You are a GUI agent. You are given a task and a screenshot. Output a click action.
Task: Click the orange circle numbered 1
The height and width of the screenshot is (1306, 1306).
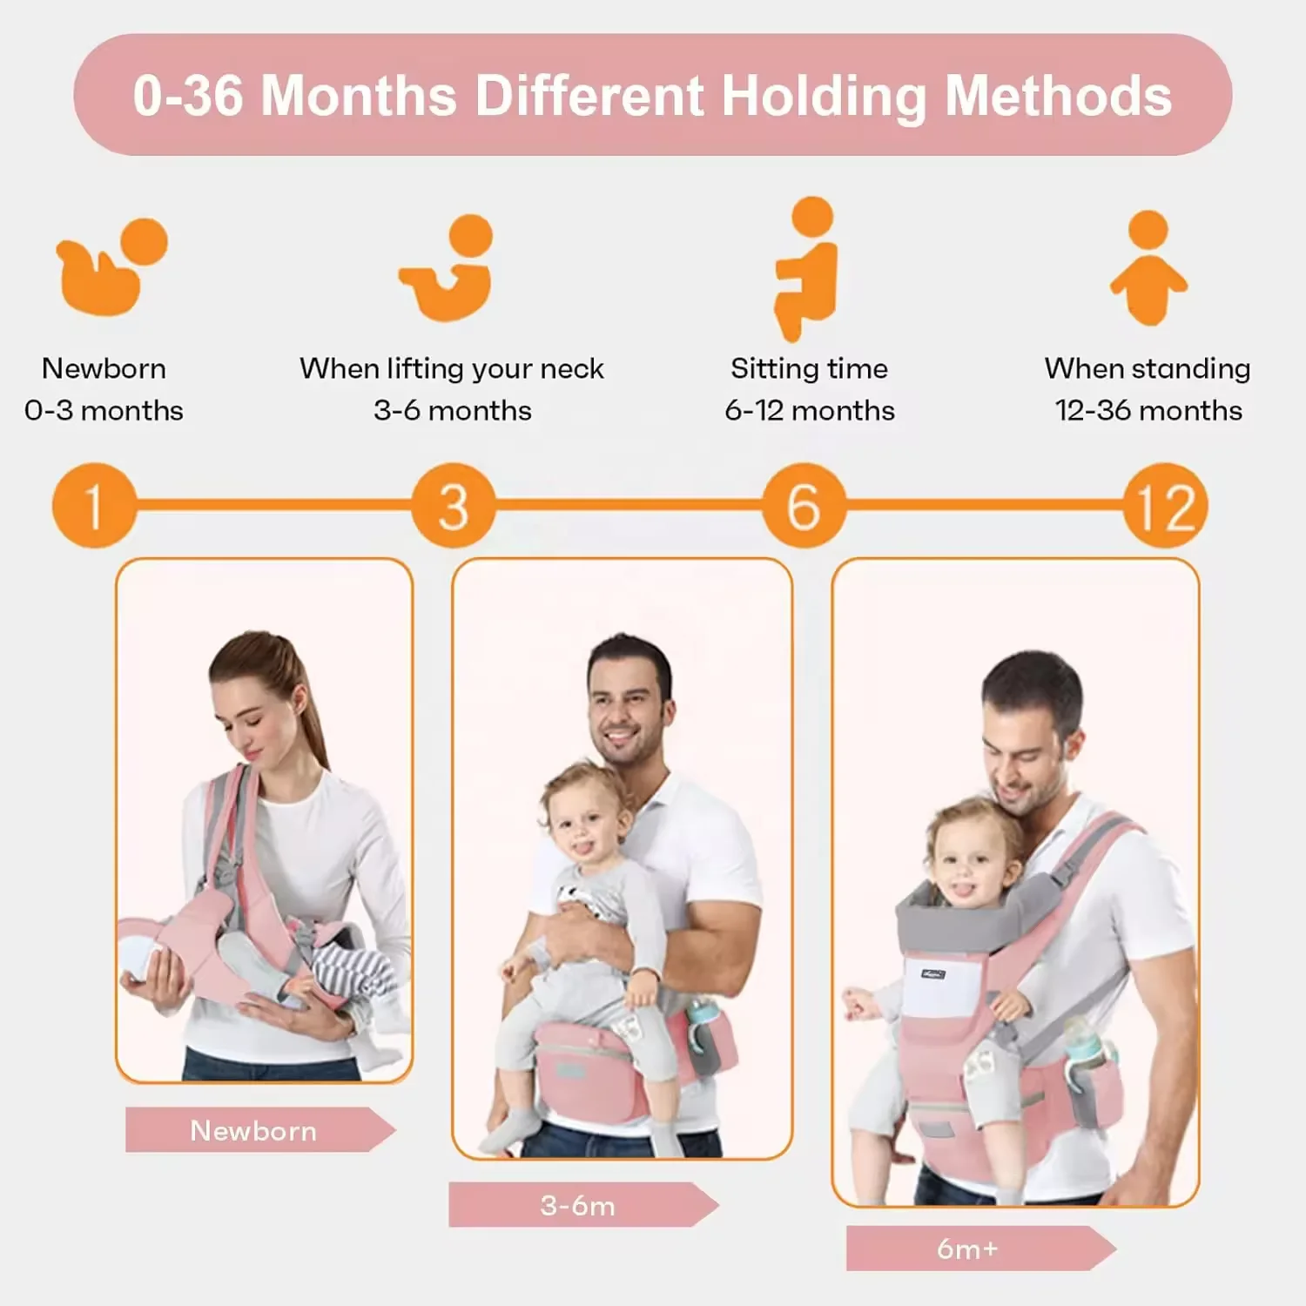[94, 506]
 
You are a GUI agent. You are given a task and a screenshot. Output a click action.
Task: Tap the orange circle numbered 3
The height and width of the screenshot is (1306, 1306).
[454, 506]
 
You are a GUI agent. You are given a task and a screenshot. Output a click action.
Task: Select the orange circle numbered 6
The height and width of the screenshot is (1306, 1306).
[804, 506]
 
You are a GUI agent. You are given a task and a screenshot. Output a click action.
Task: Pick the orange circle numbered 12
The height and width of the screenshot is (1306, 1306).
[1165, 506]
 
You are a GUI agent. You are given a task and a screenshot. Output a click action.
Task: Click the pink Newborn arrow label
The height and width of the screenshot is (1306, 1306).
[255, 1130]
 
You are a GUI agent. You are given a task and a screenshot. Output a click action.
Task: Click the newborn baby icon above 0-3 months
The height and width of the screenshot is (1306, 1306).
[109, 267]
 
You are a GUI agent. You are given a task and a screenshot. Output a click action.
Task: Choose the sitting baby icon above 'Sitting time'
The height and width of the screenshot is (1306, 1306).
[809, 266]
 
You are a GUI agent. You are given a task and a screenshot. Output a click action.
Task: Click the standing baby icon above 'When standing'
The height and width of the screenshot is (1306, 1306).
[1148, 267]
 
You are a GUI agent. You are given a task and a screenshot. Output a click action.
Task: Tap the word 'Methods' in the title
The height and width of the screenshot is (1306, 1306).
[1059, 96]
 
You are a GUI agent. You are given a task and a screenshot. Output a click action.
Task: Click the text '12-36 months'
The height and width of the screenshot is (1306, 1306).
[1148, 410]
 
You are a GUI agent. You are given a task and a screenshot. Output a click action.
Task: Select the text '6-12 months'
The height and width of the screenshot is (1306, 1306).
[810, 410]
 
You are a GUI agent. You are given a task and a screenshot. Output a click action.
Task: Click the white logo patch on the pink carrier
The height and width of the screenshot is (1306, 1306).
[934, 973]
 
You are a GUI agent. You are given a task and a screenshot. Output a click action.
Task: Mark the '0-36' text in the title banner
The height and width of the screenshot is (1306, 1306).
[187, 96]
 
